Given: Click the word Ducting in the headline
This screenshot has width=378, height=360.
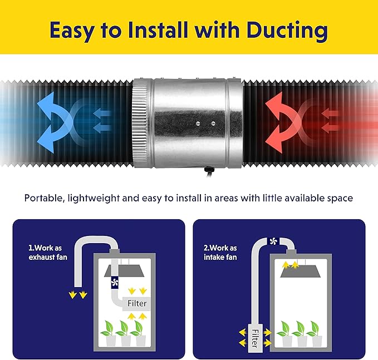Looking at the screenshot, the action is pos(287,31).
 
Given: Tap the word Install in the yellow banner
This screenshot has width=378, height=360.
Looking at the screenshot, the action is pos(158,30).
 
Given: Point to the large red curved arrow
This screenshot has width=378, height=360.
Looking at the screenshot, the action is pos(280,122).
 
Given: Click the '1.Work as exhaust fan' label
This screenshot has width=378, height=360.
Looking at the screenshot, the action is pos(48,253).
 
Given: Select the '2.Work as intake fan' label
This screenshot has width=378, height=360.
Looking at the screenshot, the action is pos(220,253).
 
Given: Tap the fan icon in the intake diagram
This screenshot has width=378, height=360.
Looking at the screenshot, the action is pos(273,241).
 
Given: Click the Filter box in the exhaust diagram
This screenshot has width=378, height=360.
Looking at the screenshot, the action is pos(137,303).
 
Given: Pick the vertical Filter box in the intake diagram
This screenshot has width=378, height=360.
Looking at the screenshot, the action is pos(254,338).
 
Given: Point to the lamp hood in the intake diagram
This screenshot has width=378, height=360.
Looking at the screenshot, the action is pos(301,271).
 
